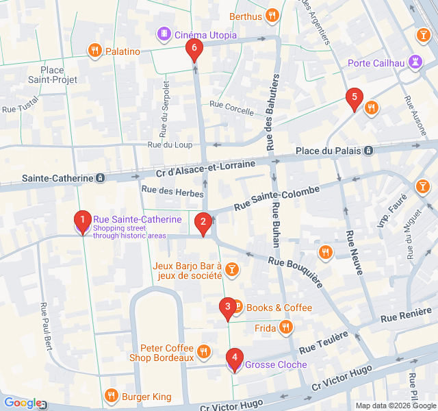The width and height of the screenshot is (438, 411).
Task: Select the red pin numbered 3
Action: (x=227, y=308)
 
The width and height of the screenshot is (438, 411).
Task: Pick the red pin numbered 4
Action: (x=235, y=358)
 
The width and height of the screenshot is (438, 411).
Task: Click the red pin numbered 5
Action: (x=354, y=98)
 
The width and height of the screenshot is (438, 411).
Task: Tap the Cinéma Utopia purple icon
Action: (x=164, y=33)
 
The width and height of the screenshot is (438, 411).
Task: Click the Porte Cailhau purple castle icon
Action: (x=415, y=62)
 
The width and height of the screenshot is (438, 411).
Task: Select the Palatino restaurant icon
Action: (x=94, y=50)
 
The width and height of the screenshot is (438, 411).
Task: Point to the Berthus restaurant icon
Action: (x=272, y=15)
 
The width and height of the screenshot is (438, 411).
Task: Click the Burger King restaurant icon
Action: (x=111, y=395)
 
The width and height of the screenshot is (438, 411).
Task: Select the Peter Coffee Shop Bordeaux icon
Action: (x=203, y=352)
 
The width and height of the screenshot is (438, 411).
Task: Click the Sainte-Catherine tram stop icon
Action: (x=101, y=178)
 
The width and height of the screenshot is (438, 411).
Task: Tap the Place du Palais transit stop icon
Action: (x=369, y=151)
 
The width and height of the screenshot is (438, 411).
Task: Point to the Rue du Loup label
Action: (x=170, y=145)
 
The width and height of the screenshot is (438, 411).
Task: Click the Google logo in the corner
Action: (x=23, y=403)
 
